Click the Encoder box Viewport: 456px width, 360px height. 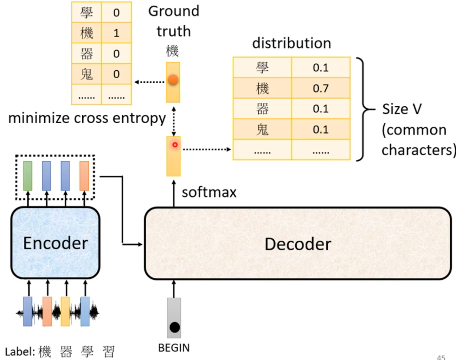pos(56,243)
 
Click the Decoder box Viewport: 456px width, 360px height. pos(297,244)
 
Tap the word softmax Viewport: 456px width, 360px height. pos(209,192)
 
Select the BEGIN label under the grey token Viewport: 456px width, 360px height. pos(174,348)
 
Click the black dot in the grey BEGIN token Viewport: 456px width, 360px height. pos(174,327)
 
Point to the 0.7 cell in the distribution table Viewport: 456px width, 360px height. pos(321,88)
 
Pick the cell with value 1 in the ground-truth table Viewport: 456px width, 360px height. pos(116,33)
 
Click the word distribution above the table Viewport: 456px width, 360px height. pos(291,43)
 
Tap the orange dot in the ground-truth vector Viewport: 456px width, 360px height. pos(173,80)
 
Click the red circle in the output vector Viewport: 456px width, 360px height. pos(175,145)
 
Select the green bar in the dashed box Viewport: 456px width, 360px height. pos(28,176)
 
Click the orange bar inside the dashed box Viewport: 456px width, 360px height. pos(84,176)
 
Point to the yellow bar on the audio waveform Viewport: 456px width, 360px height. pos(65,311)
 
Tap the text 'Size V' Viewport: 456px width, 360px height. pos(402,109)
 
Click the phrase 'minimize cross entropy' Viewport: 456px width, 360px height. pos(87,118)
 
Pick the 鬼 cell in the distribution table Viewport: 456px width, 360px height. pos(262,130)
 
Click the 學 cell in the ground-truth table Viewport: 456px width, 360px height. pos(86,13)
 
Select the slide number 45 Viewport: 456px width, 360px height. pos(441,357)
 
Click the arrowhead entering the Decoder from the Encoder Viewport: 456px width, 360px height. pos(140,244)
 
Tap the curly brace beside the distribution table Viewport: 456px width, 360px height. pos(362,109)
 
